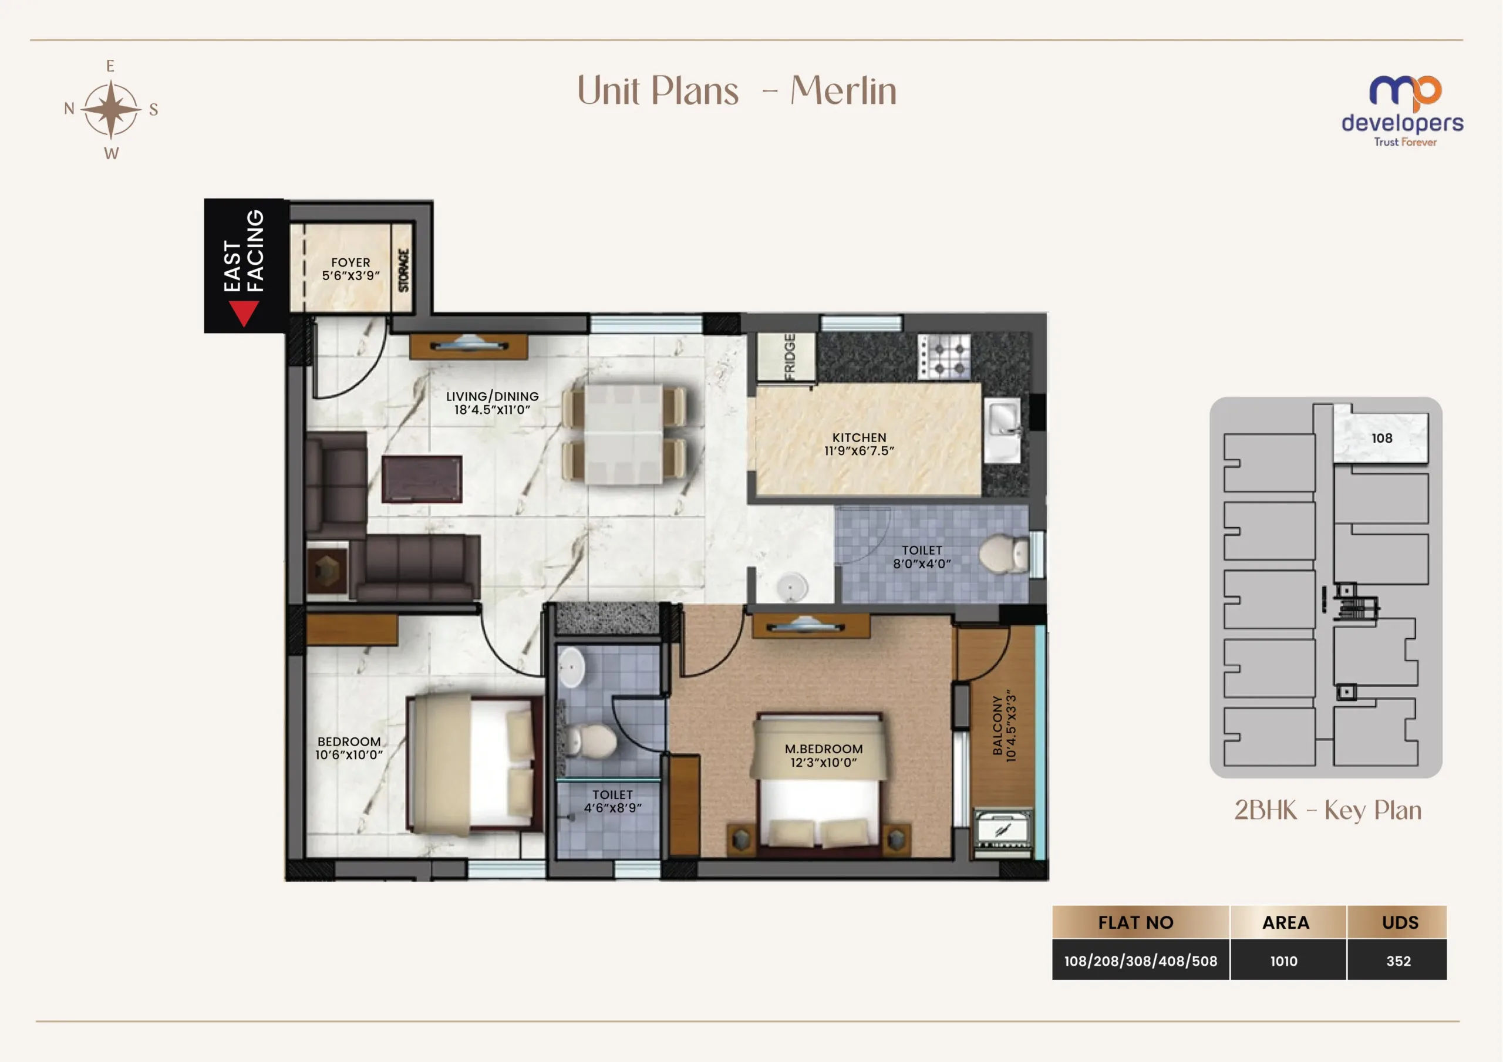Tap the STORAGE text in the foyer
click(x=404, y=269)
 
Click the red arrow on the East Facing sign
click(x=244, y=313)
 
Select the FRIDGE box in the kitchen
click(x=787, y=357)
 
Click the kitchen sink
click(x=1003, y=430)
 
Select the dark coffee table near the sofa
click(x=422, y=479)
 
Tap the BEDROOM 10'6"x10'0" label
click(x=349, y=748)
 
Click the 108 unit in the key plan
click(x=1381, y=437)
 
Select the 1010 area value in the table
click(x=1283, y=961)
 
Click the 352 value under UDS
click(x=1398, y=961)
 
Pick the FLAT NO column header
click(x=1135, y=922)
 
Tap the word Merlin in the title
click(x=843, y=90)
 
